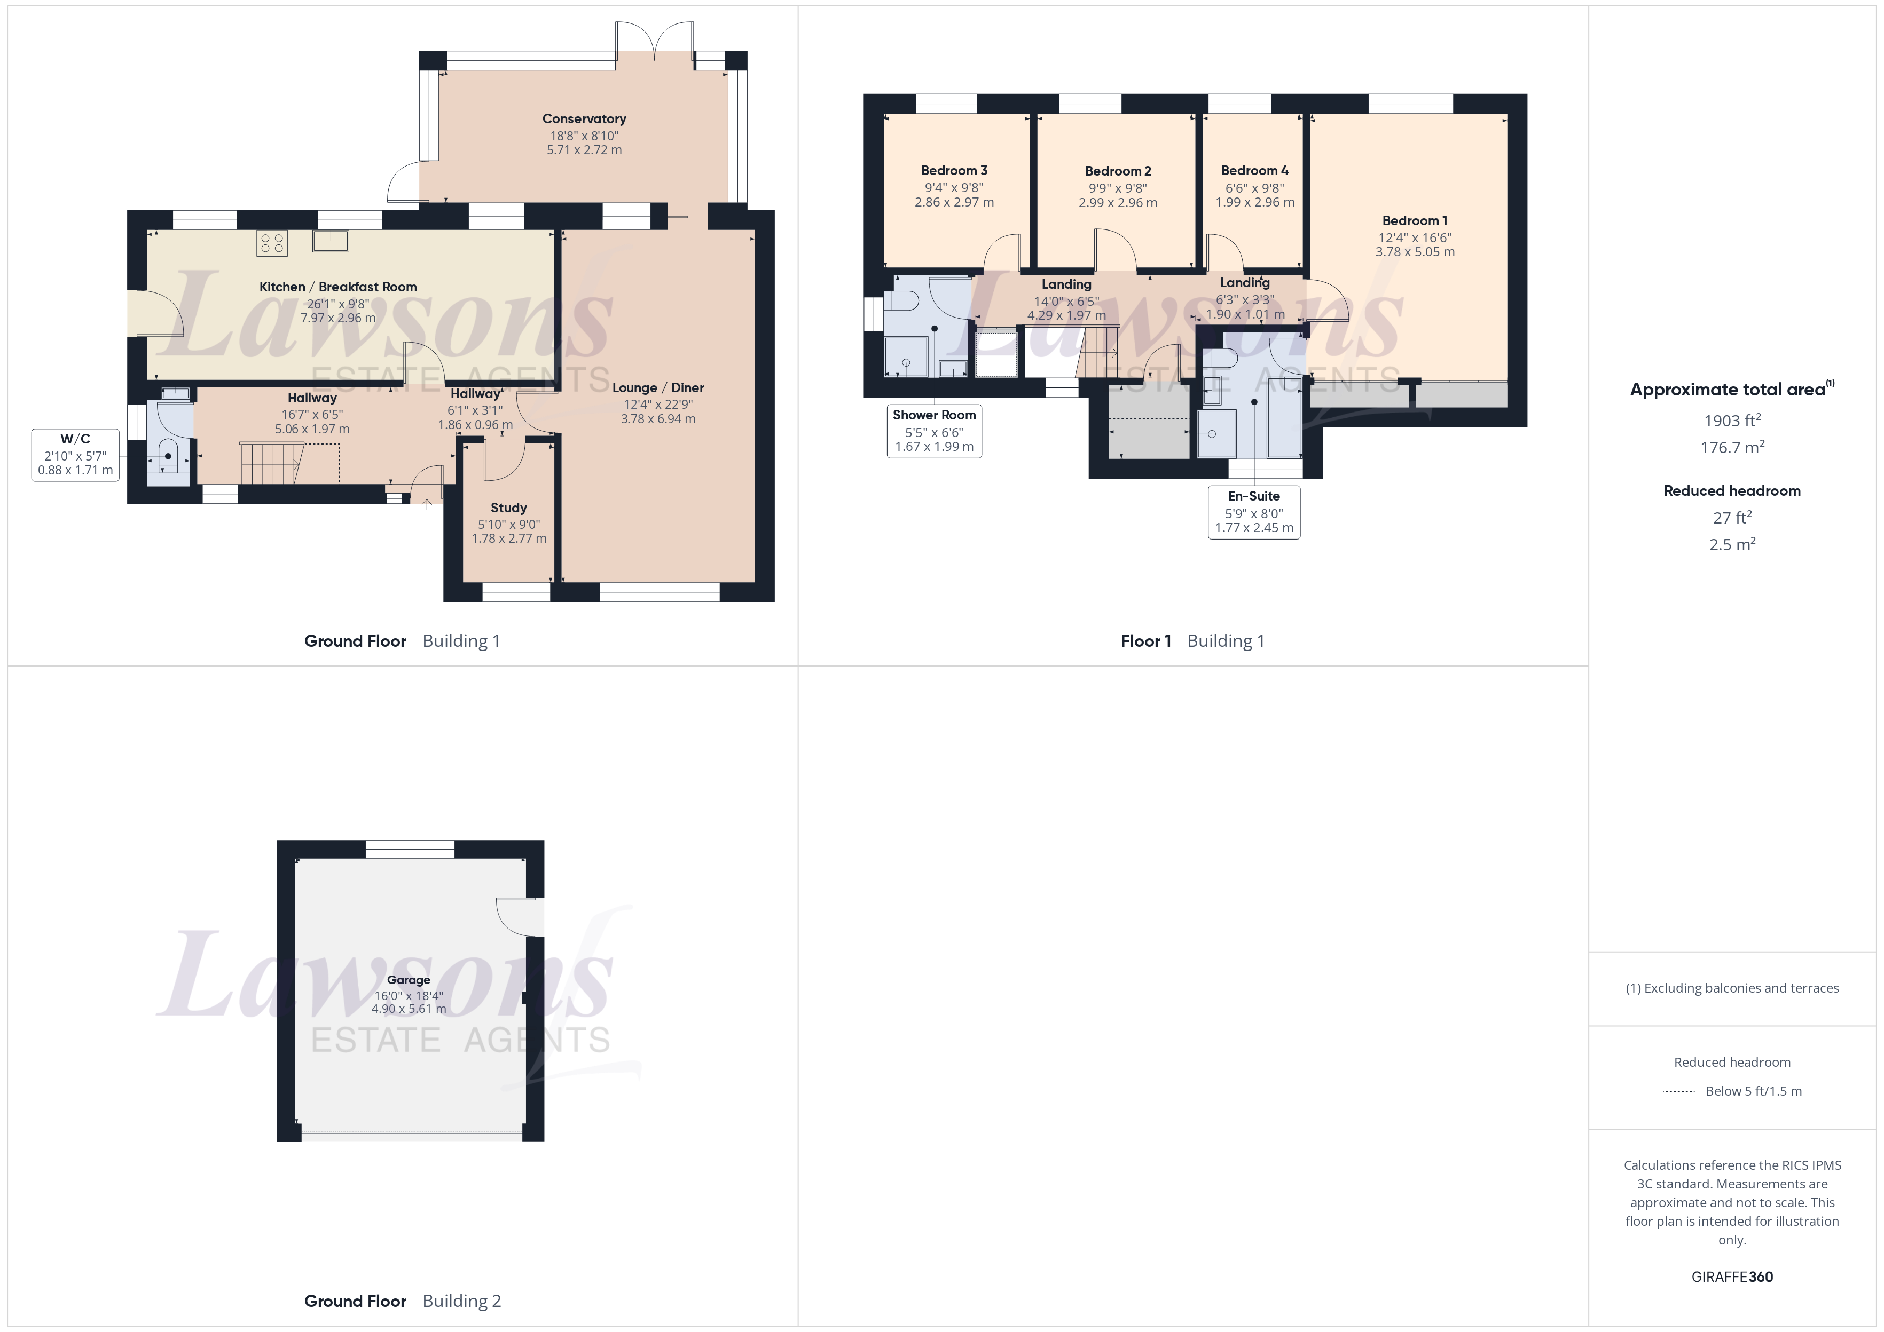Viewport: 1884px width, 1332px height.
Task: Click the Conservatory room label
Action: pos(584,119)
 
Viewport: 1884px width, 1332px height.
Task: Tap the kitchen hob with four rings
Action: pos(272,243)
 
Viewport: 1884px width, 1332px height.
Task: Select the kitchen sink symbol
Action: pos(330,240)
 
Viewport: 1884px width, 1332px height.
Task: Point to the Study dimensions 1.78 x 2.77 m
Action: pos(509,539)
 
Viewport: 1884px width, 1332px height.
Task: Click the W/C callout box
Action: pos(75,454)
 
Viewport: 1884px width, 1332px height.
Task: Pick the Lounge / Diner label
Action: pos(658,388)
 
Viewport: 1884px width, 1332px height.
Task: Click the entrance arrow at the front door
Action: pos(427,504)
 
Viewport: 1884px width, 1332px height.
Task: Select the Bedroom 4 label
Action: pos(1254,171)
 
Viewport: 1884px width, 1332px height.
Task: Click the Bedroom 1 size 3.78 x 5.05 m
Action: pos(1415,252)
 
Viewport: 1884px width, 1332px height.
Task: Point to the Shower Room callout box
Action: pos(934,431)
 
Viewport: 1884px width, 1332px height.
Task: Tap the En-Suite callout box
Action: pos(1254,512)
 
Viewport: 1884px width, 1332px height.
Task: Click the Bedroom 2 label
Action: pos(1118,171)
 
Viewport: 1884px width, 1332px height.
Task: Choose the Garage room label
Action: pos(409,980)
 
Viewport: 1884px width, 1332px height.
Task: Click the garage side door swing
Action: pos(517,917)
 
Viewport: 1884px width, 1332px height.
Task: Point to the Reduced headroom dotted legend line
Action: pos(1678,1092)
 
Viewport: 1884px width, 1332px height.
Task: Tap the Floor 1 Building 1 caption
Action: pos(1192,641)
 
